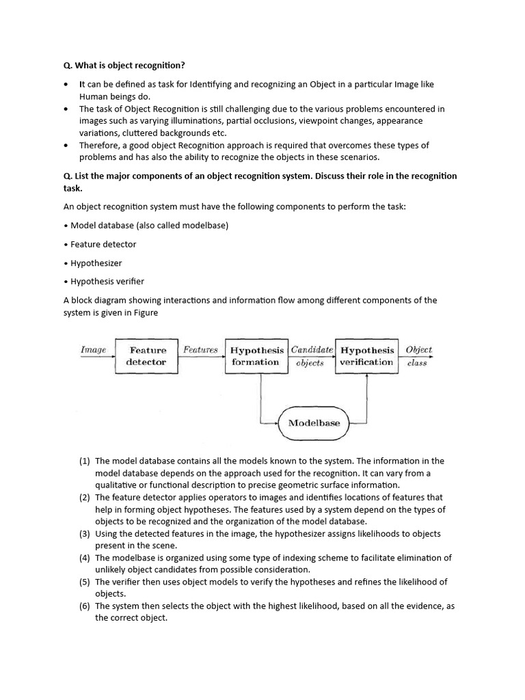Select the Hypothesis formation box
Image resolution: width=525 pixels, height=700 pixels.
pos(256,355)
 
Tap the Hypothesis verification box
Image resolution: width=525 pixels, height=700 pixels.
pos(366,355)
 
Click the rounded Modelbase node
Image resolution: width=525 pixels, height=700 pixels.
pos(314,422)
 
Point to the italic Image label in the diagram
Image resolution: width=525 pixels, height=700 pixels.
pos(94,350)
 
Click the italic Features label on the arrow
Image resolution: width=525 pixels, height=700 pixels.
pos(200,349)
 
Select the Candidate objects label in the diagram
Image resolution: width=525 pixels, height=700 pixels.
pos(311,355)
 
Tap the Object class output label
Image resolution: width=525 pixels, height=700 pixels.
pos(418,355)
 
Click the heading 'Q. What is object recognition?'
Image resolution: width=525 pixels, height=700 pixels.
pos(124,65)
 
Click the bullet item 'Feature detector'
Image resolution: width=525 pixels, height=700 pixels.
pos(103,244)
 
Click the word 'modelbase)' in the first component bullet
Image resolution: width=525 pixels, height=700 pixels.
pos(206,226)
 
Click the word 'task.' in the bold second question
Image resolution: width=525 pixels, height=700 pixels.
pos(72,187)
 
